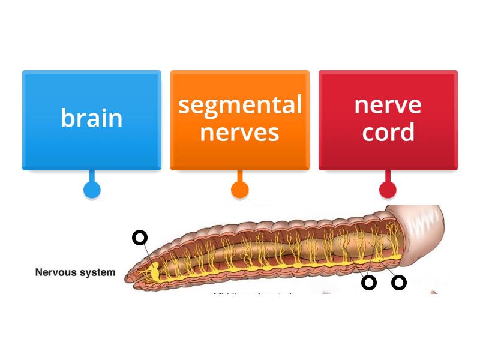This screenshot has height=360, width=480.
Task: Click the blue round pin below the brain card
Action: click(x=92, y=190)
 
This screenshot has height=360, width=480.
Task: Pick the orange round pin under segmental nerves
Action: click(x=240, y=190)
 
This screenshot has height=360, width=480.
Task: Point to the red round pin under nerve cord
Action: click(x=388, y=190)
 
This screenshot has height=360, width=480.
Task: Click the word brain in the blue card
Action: click(x=92, y=118)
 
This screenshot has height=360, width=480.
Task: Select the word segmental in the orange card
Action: click(x=240, y=105)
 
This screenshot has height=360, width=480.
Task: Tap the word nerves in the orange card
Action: click(x=240, y=132)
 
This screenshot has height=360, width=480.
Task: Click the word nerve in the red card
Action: click(x=388, y=105)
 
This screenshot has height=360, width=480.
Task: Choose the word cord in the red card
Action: click(x=388, y=132)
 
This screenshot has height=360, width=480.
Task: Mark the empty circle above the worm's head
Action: click(x=140, y=238)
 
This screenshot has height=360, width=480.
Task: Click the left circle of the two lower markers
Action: click(x=369, y=283)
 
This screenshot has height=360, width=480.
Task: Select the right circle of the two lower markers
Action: click(x=399, y=283)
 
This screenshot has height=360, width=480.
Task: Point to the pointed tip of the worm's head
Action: click(x=128, y=278)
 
